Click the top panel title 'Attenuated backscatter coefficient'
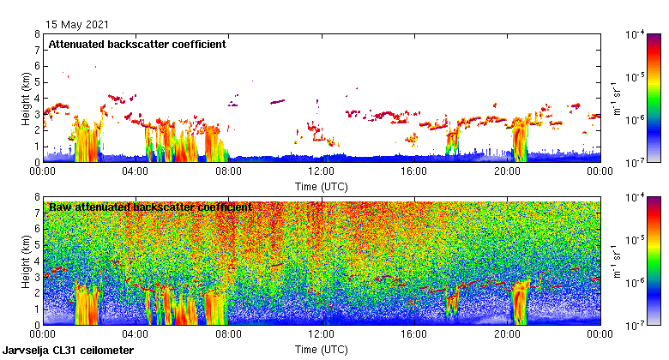(x=137, y=45)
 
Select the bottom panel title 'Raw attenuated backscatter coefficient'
(x=150, y=207)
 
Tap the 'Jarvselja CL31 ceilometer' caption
(x=69, y=351)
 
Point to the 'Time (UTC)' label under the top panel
(x=321, y=186)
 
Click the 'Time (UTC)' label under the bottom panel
(x=321, y=350)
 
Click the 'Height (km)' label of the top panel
(x=27, y=98)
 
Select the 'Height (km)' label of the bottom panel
(x=27, y=261)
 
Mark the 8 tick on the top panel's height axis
(x=37, y=34)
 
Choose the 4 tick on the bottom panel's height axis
(x=37, y=261)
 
